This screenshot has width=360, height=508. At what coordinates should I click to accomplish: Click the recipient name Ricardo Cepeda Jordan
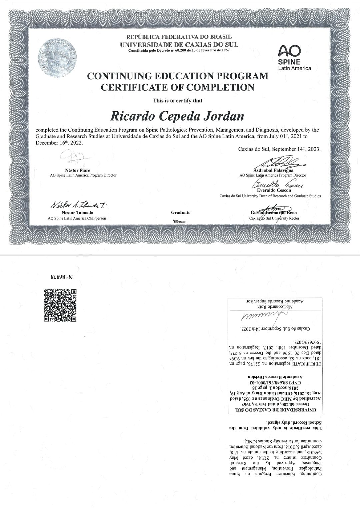coord(177,116)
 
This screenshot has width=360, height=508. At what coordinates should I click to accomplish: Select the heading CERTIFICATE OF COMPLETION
coord(177,87)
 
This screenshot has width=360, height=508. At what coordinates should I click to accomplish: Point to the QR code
coord(60,305)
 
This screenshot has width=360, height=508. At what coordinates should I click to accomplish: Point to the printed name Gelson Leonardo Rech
coord(274,213)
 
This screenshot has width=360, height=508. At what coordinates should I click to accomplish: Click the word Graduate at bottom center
coord(181,213)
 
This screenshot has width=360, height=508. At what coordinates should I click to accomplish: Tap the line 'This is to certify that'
coord(177,100)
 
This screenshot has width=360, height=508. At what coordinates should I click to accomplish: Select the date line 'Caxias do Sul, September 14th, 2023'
coord(279,149)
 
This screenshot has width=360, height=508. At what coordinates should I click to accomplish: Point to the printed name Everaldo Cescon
coord(274,190)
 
